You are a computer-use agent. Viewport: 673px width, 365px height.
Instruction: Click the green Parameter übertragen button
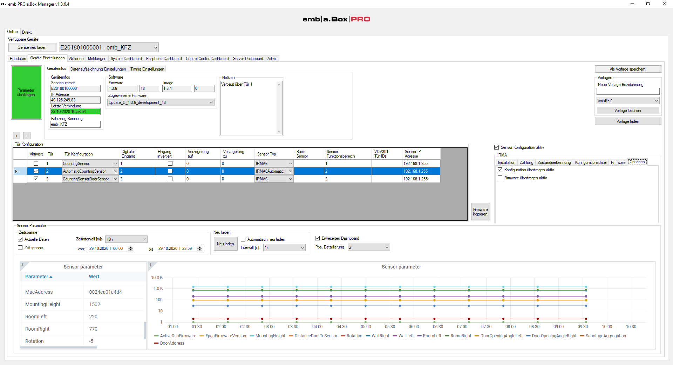click(x=26, y=93)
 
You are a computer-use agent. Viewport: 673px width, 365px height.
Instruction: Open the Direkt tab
click(x=27, y=32)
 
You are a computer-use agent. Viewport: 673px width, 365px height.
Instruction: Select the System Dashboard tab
click(x=126, y=59)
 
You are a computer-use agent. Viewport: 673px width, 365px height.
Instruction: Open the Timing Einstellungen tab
click(x=147, y=69)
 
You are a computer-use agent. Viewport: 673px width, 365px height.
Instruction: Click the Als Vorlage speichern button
click(x=628, y=69)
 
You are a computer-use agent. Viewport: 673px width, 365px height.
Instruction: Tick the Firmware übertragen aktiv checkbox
click(x=500, y=178)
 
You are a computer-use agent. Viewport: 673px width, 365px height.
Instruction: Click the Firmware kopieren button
click(x=480, y=212)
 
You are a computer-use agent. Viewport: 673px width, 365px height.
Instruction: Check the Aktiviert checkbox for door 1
click(x=36, y=164)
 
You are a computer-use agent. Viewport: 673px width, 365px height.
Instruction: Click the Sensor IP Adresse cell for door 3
click(x=421, y=179)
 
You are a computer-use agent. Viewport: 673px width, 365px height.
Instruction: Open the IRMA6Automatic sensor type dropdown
click(x=291, y=171)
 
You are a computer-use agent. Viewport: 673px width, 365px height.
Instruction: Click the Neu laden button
click(x=225, y=244)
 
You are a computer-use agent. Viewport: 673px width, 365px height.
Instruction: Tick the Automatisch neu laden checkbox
click(x=243, y=239)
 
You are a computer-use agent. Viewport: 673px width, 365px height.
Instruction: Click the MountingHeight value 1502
click(x=95, y=304)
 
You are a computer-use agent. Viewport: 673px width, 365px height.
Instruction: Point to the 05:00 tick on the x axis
click(x=366, y=327)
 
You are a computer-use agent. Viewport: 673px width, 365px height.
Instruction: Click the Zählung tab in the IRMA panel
click(x=526, y=162)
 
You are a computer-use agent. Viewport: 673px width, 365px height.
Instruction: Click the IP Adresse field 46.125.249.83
click(x=75, y=100)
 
